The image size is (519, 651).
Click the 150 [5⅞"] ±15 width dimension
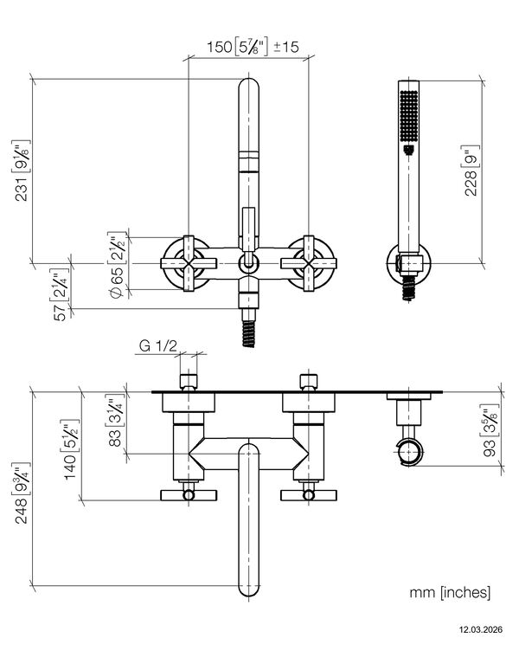[253, 46]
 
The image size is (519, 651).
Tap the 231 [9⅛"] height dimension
[21, 171]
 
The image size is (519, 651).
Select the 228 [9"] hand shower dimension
[471, 171]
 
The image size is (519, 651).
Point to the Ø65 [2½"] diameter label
[117, 265]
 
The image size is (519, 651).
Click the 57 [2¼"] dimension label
[61, 294]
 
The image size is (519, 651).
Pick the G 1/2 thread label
[157, 345]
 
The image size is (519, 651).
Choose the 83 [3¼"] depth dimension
[116, 422]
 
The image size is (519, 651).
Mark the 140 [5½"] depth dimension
[70, 449]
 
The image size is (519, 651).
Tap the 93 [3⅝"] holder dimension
[490, 429]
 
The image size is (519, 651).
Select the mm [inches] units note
[450, 592]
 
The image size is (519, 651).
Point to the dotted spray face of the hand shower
[408, 116]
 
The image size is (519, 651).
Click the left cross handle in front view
[189, 263]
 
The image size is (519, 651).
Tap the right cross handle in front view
[309, 263]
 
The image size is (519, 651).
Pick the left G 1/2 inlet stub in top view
[189, 382]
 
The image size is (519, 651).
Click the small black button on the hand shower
[408, 149]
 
